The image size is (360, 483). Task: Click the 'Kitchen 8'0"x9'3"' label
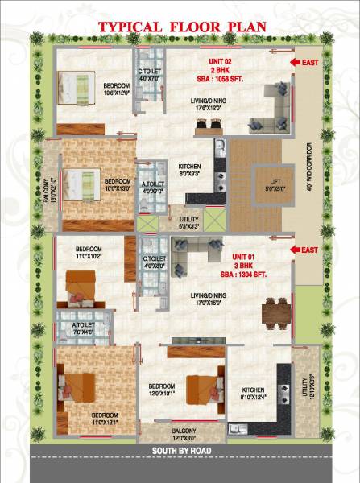pos(190,170)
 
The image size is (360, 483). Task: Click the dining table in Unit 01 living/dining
pos(276,311)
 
